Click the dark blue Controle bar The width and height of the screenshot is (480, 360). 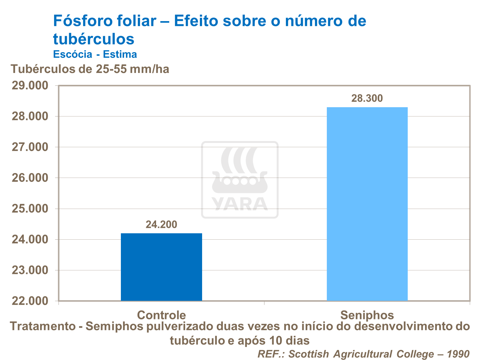pyautogui.click(x=161, y=267)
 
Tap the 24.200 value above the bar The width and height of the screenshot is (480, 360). pyautogui.click(x=161, y=225)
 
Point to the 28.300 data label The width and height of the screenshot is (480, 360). pyautogui.click(x=367, y=98)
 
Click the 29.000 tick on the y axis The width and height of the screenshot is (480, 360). pyautogui.click(x=30, y=86)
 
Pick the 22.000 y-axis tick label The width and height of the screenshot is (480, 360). pyautogui.click(x=30, y=301)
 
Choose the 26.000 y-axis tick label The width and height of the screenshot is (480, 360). pyautogui.click(x=30, y=178)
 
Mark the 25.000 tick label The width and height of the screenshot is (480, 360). pyautogui.click(x=30, y=209)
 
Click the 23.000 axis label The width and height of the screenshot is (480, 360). pyautogui.click(x=30, y=270)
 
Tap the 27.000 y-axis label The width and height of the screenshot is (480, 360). pyautogui.click(x=30, y=147)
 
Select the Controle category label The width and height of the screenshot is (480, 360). pyautogui.click(x=161, y=315)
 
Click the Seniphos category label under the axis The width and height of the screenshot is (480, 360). pyautogui.click(x=367, y=315)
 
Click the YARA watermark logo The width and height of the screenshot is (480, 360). pyautogui.click(x=240, y=180)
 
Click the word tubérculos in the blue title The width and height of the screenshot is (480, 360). pyautogui.click(x=94, y=39)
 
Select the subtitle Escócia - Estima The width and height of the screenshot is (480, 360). pyautogui.click(x=95, y=54)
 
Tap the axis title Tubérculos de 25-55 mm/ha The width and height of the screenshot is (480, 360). pyautogui.click(x=90, y=69)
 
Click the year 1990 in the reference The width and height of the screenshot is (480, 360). pyautogui.click(x=458, y=354)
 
